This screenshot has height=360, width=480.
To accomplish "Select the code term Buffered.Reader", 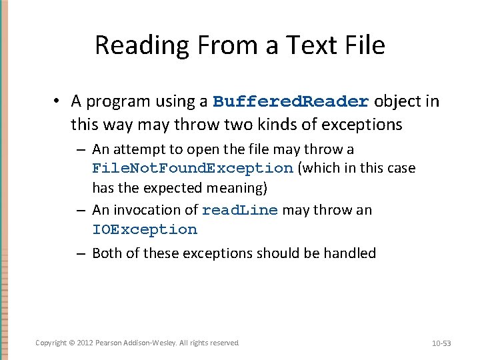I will (291, 102).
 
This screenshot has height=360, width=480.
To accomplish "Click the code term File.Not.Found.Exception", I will (193, 168).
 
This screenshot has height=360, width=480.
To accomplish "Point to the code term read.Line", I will (239, 211).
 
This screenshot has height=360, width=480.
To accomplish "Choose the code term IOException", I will (145, 230).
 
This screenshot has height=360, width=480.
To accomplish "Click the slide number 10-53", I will (441, 343).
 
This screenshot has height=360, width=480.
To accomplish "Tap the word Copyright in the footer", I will (51, 343).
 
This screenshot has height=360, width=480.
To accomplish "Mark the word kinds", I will (301, 125).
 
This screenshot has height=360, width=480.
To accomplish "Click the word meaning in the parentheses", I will (239, 187).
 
